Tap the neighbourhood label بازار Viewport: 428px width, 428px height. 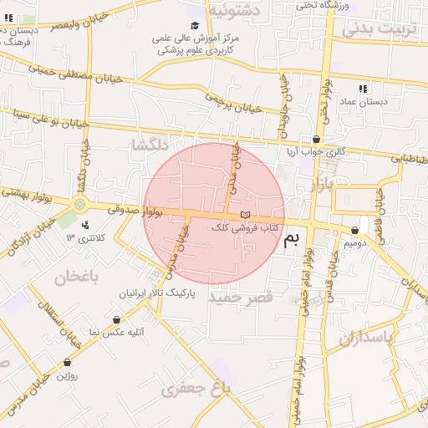click(x=321, y=185)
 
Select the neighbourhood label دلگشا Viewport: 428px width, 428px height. click(x=150, y=146)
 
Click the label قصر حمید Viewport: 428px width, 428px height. click(x=241, y=298)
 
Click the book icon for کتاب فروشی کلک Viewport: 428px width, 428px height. click(x=244, y=216)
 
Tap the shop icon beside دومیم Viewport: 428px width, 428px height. click(x=355, y=229)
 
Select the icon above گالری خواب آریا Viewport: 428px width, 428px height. click(x=315, y=140)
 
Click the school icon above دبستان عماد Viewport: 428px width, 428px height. click(x=363, y=88)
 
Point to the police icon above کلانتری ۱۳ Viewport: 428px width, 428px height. click(x=85, y=224)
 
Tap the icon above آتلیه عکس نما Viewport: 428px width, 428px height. click(x=115, y=319)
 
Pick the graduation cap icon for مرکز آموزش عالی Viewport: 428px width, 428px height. click(x=195, y=26)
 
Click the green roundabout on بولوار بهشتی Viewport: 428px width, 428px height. click(x=80, y=203)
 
